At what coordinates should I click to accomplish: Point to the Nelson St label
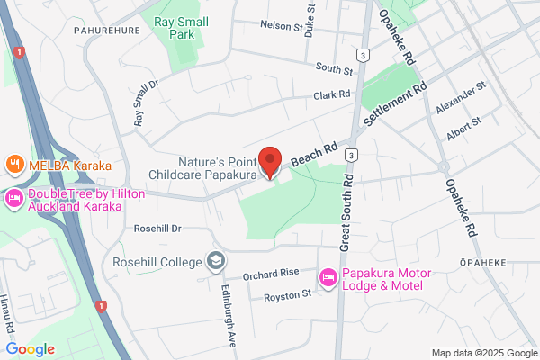tap(281, 27)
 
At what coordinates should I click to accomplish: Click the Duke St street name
tap(310, 18)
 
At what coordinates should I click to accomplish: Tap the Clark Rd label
tap(331, 94)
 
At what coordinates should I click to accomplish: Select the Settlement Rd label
tap(394, 106)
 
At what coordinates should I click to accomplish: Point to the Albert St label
tap(463, 129)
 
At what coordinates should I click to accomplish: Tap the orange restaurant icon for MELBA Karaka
tap(14, 166)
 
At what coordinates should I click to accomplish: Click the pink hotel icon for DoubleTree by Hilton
tap(14, 196)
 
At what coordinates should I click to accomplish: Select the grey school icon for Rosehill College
tap(215, 261)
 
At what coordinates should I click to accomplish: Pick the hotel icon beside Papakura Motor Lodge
tap(329, 274)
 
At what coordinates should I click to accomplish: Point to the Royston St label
tap(287, 294)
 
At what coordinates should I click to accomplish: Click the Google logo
tap(31, 349)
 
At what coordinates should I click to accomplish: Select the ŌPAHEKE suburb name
tap(483, 263)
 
